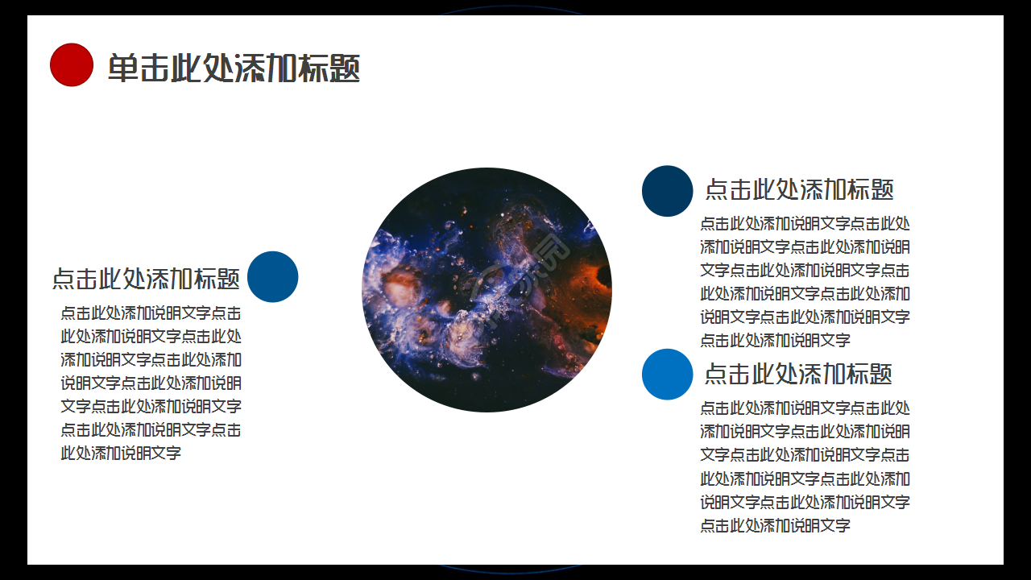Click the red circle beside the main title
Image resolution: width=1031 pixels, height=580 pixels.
[72, 64]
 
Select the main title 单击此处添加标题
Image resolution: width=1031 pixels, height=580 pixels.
[234, 68]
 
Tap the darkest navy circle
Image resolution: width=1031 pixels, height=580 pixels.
[667, 191]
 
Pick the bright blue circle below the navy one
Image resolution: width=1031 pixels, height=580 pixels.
[667, 375]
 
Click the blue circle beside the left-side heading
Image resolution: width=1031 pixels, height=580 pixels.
[272, 277]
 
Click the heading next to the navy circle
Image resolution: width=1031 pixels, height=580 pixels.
[799, 189]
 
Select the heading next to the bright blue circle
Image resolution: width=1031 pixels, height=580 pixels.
[798, 374]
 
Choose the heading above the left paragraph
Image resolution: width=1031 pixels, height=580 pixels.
[146, 279]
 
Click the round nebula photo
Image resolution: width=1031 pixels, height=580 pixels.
[487, 290]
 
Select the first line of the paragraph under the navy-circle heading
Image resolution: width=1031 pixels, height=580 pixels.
[805, 224]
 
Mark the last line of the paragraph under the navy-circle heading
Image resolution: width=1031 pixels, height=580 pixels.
[775, 341]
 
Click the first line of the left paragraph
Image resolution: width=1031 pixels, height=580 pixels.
[151, 313]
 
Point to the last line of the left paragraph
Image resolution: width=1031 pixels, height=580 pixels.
[121, 453]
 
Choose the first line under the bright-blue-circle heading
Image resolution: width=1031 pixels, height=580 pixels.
[805, 408]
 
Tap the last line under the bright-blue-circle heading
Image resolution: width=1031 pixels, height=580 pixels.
[775, 526]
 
